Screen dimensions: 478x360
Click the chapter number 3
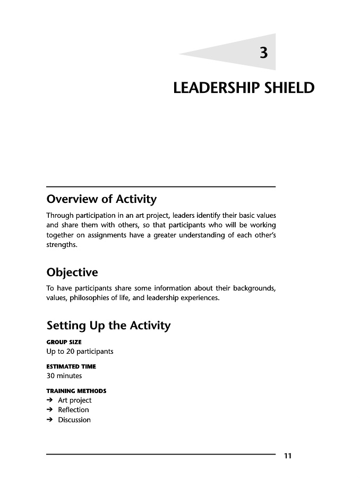(x=263, y=53)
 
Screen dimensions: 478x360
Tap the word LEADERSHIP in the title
(x=216, y=88)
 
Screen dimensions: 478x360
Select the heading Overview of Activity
(x=101, y=200)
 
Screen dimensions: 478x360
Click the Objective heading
(x=72, y=273)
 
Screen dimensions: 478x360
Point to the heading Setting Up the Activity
(x=108, y=326)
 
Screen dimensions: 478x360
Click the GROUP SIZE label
(x=64, y=343)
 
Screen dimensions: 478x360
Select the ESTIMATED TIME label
(x=71, y=366)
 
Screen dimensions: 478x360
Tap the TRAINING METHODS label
(x=76, y=391)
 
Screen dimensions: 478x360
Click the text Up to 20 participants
(x=80, y=352)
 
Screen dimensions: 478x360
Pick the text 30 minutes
(x=64, y=376)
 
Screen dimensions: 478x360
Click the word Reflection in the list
(x=73, y=410)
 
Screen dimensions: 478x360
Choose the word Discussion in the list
(x=74, y=420)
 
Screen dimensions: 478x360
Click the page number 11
(x=288, y=456)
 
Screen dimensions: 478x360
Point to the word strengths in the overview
(x=62, y=245)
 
